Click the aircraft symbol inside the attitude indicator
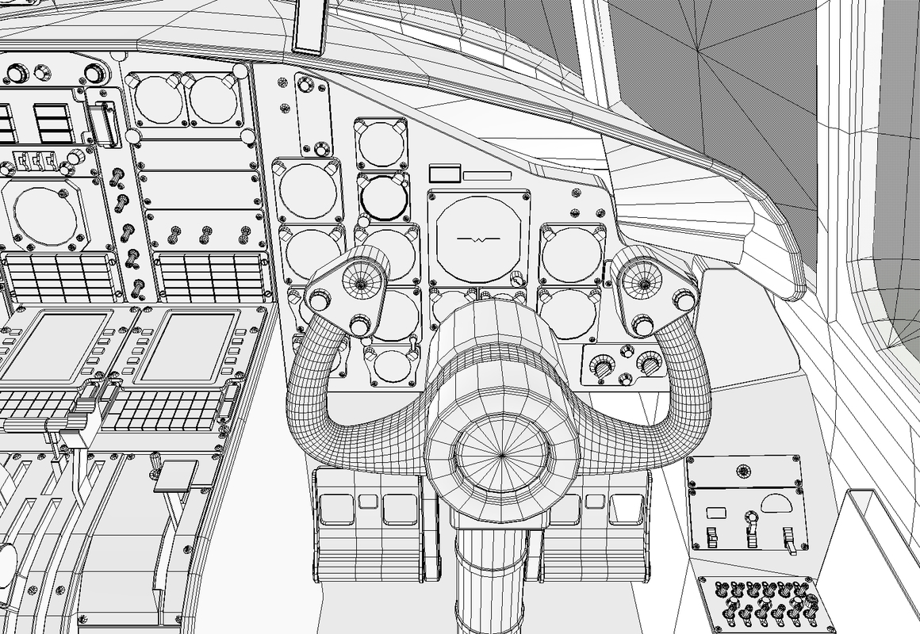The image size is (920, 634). [x=476, y=238]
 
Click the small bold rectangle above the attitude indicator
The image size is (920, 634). [x=445, y=174]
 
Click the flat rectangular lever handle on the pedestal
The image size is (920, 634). [x=175, y=475]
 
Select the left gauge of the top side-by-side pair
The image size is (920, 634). [x=157, y=100]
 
